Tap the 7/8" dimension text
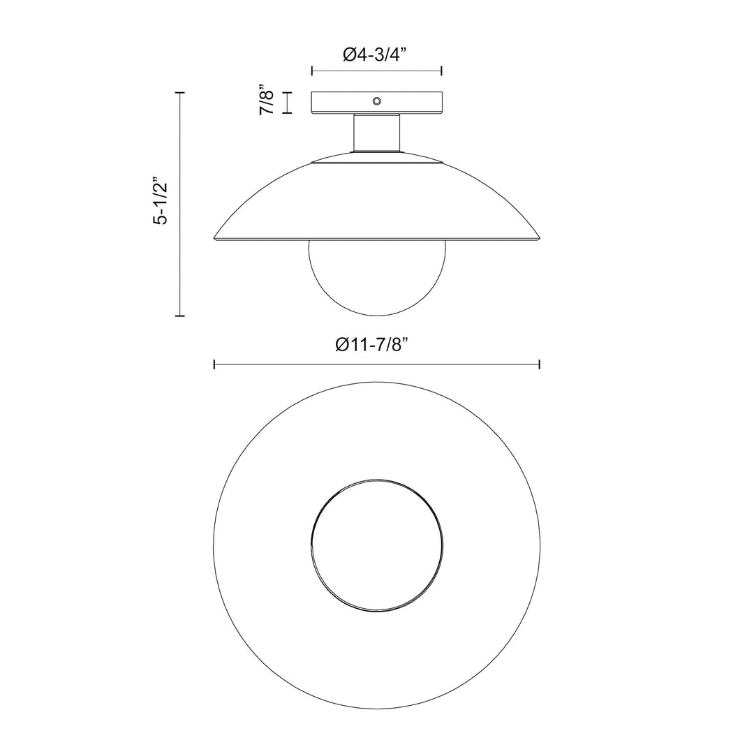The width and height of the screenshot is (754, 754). click(266, 103)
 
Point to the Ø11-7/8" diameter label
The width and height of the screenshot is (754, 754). click(376, 346)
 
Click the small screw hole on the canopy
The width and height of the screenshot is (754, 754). click(377, 101)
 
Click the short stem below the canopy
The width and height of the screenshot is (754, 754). click(377, 133)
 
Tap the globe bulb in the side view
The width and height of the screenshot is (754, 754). click(377, 279)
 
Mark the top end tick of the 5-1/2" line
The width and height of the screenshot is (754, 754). click(180, 92)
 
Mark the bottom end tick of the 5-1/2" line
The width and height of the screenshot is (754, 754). click(180, 316)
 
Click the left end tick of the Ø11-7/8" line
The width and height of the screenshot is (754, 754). click(214, 364)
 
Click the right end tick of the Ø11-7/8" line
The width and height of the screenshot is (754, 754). click(540, 364)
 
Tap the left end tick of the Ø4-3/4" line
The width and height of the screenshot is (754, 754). click(312, 71)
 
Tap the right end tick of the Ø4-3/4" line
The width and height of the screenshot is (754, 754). click(442, 71)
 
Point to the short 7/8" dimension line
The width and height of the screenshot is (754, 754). click(286, 103)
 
